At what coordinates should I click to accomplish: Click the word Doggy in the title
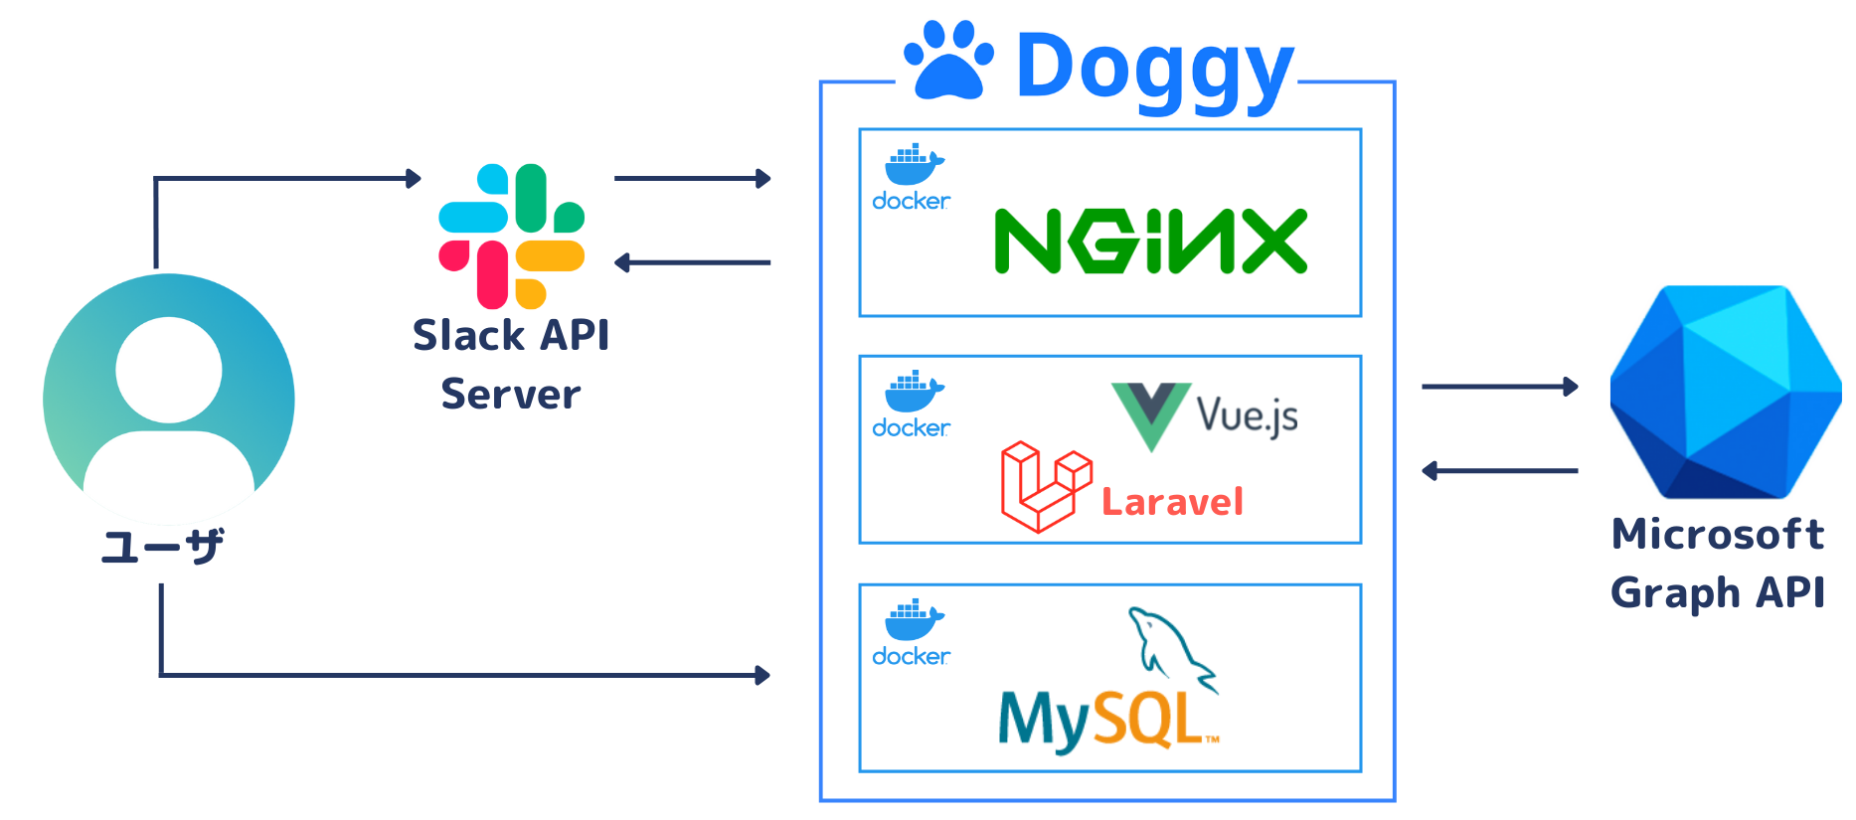pyautogui.click(x=1153, y=68)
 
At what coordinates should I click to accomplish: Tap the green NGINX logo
pyautogui.click(x=1150, y=242)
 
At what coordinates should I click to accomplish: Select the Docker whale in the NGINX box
pyautogui.click(x=913, y=165)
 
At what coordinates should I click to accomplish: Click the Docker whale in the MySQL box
pyautogui.click(x=913, y=620)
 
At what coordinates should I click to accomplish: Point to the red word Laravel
pyautogui.click(x=1172, y=502)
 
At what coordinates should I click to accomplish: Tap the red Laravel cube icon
pyautogui.click(x=1044, y=487)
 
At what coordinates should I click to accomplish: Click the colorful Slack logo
pyautogui.click(x=511, y=237)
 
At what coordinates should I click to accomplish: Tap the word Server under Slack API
pyautogui.click(x=510, y=395)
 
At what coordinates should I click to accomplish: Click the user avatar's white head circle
pyautogui.click(x=168, y=370)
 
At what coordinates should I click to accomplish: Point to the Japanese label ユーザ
pyautogui.click(x=162, y=547)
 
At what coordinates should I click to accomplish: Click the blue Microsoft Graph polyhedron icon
pyautogui.click(x=1725, y=392)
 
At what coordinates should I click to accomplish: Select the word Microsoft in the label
pyautogui.click(x=1717, y=535)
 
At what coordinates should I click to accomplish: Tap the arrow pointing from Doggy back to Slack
pyautogui.click(x=692, y=262)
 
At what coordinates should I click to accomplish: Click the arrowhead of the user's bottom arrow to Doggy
pyautogui.click(x=762, y=676)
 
